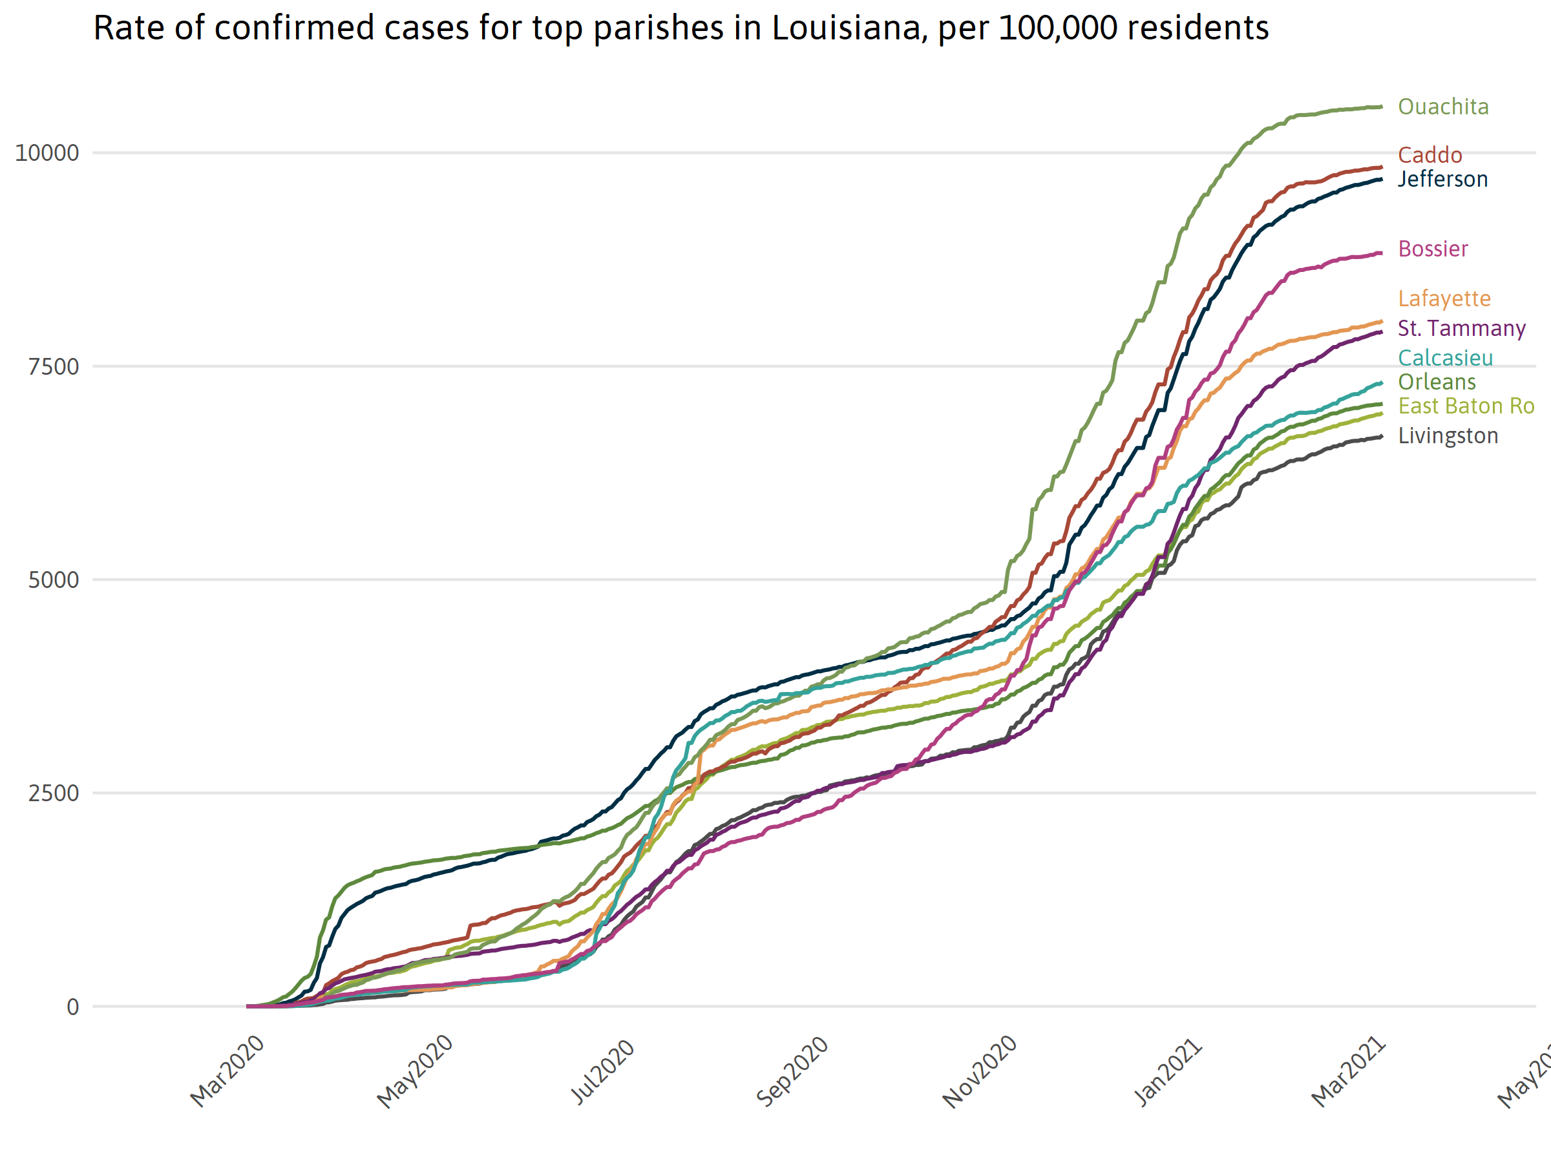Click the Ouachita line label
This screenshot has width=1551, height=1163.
pos(1443,107)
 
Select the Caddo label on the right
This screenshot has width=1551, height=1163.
pos(1430,155)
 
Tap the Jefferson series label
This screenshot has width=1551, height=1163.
pos(1442,180)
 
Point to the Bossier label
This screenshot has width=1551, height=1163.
pos(1433,249)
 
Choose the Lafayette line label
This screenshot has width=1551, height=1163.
pos(1444,299)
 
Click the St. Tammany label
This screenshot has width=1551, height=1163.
pos(1461,328)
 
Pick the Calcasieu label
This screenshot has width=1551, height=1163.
pos(1445,358)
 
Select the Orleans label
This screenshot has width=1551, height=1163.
pos(1437,382)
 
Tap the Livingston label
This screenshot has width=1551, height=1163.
pos(1448,436)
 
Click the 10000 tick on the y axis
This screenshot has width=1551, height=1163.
pos(47,153)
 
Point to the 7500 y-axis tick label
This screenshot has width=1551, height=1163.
pos(53,366)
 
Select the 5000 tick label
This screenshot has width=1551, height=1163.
pos(53,580)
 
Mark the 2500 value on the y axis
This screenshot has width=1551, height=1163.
pos(53,793)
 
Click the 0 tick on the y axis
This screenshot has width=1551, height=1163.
pos(72,1007)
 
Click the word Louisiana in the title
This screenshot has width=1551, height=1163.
pos(845,28)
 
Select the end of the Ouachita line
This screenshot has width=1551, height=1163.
pos(1380,107)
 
